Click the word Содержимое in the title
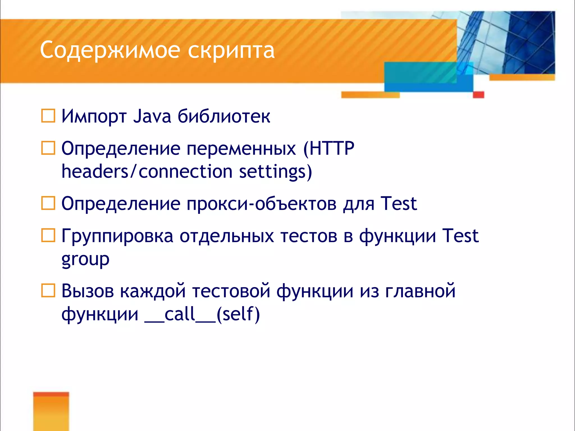(x=110, y=50)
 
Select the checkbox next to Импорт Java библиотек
(x=48, y=116)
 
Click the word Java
(x=152, y=116)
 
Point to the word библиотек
(x=224, y=116)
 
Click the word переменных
(x=241, y=149)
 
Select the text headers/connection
(x=147, y=171)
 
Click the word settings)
(x=275, y=172)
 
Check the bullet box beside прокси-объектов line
(x=48, y=203)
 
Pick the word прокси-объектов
(x=261, y=204)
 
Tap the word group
(x=85, y=259)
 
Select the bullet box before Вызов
(x=48, y=291)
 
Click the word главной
(x=420, y=291)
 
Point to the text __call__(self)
(x=202, y=314)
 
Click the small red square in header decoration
(x=478, y=95)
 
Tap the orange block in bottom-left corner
(x=51, y=411)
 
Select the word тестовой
(x=231, y=291)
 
